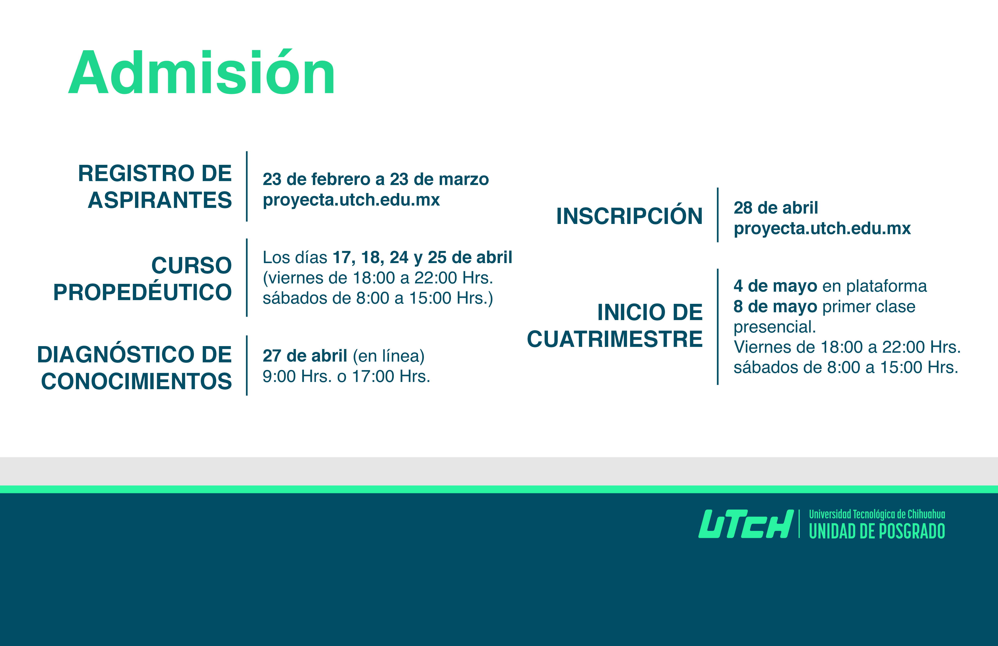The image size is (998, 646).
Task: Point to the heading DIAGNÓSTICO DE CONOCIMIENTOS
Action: [x=134, y=367]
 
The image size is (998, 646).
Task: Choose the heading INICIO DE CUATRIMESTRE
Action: [x=615, y=326]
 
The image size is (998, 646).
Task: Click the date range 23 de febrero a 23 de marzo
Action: [x=376, y=179]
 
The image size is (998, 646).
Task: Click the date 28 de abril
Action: [x=776, y=208]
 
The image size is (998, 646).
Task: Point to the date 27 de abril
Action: [x=305, y=356]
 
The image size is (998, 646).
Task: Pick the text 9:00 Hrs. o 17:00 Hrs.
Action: [x=346, y=376]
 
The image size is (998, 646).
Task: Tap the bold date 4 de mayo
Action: [x=775, y=286]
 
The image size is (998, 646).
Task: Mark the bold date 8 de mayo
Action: [x=775, y=307]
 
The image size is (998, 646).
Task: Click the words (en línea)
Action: [x=389, y=356]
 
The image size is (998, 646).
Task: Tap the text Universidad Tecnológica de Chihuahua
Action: [x=877, y=514]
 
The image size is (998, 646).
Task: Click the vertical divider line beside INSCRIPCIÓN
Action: [x=718, y=215]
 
